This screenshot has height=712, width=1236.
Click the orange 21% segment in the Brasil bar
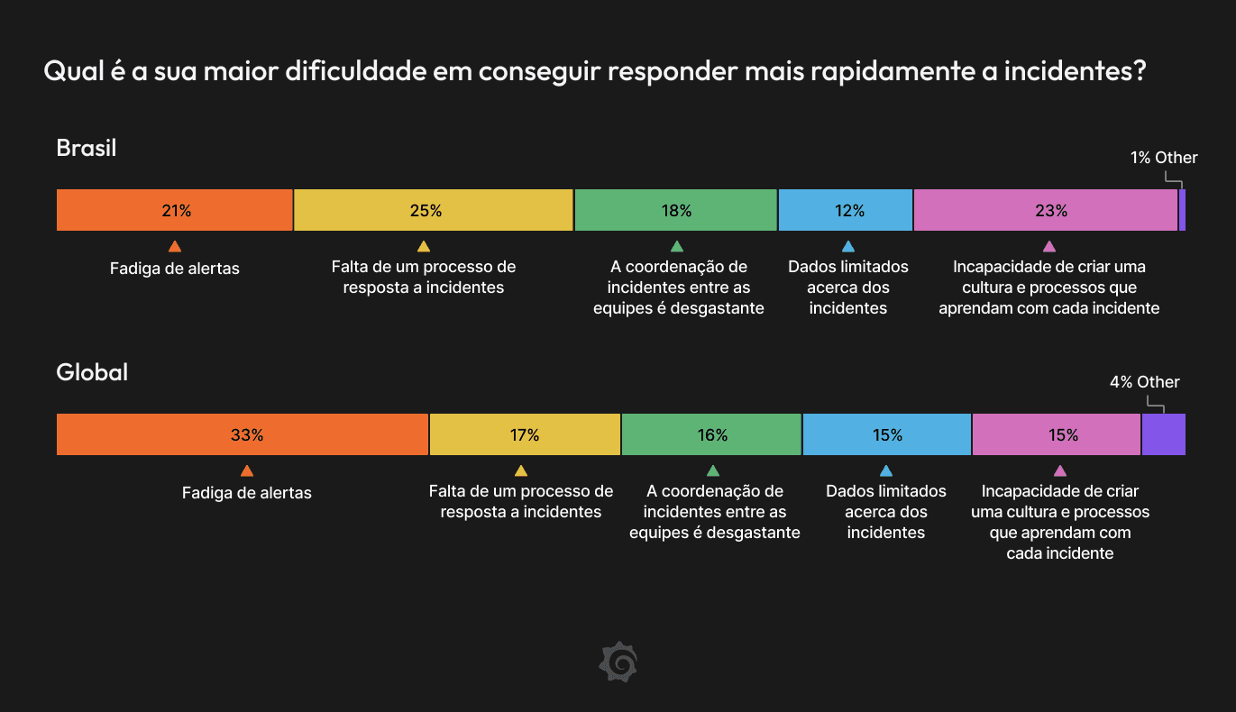175,211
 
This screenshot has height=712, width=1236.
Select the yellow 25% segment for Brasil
434,211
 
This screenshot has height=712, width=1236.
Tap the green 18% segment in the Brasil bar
676,211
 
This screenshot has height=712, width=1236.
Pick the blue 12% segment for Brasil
846,211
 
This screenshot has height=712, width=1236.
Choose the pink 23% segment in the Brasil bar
1046,211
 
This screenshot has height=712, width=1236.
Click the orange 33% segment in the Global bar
243,434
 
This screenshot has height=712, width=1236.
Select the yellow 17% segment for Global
525,434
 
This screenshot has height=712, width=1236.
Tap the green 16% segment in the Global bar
711,434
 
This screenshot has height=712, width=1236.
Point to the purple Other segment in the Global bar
1164,434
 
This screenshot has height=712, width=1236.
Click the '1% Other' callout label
1164,158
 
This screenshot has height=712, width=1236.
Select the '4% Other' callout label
1144,382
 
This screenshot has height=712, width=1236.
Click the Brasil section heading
87,148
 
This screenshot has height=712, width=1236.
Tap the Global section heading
92,371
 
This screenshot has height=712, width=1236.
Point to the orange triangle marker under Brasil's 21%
175,246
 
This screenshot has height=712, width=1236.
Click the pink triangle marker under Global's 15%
1060,470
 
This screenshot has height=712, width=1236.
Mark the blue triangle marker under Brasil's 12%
847,246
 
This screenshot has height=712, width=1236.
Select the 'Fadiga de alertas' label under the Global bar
247,493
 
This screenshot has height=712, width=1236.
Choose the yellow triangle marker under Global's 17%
520,470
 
